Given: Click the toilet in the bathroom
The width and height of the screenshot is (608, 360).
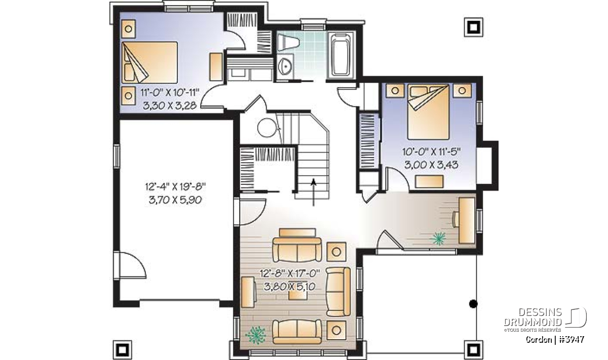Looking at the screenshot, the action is (288, 43).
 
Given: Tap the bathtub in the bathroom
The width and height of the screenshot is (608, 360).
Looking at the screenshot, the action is (341, 55).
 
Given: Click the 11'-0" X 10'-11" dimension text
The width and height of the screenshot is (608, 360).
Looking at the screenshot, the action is (170, 93).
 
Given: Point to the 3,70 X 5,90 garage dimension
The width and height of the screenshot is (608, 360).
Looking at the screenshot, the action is (175, 200).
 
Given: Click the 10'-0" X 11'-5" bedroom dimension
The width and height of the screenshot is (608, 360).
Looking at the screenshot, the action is (431, 152).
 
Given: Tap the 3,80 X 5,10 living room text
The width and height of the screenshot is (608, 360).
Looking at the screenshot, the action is (290, 287).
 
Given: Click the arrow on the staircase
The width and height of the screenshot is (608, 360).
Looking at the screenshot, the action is (314, 192).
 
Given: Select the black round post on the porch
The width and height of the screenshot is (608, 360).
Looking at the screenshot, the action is (473, 304).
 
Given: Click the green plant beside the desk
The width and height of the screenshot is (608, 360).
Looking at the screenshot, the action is (438, 238).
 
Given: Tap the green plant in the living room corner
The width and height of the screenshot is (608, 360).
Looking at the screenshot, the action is (255, 335).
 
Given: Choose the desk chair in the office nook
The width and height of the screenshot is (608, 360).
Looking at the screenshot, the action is (455, 219).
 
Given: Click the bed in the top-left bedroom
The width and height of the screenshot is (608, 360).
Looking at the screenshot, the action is (149, 62).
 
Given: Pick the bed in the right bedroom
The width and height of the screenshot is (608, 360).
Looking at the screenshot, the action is (429, 112).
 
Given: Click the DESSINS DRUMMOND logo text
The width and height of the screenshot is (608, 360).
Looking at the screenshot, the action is (533, 317).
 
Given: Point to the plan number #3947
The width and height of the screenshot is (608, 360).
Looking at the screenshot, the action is (572, 339).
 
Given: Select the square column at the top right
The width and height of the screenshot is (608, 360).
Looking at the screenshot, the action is (473, 27).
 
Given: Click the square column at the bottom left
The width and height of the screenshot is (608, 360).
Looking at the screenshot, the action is (123, 350).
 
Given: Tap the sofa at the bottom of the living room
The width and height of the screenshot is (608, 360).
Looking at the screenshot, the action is (297, 332).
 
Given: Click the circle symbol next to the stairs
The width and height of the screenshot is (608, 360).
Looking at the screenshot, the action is (268, 128).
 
